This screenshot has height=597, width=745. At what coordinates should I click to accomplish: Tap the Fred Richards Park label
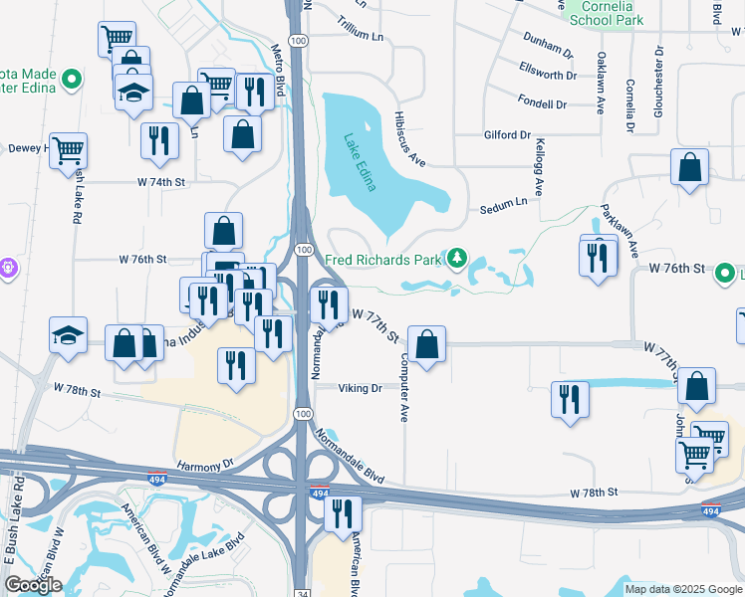coord(382,261)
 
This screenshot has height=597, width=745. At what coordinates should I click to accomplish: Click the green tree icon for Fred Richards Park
coord(457,260)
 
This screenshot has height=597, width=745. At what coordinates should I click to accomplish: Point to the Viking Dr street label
coord(360,388)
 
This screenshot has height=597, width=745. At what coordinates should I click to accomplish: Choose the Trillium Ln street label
coord(360,33)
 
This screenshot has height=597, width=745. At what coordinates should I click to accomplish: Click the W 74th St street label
coord(161,183)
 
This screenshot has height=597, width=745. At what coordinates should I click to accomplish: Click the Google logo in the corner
coord(33,585)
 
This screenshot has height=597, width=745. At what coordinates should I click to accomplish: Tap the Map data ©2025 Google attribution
coord(682,589)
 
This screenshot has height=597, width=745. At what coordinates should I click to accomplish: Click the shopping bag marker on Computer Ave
coord(426,344)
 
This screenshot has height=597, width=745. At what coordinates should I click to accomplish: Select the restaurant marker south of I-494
coord(343,513)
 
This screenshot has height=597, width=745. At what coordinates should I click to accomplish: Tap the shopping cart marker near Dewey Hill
coord(68,151)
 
